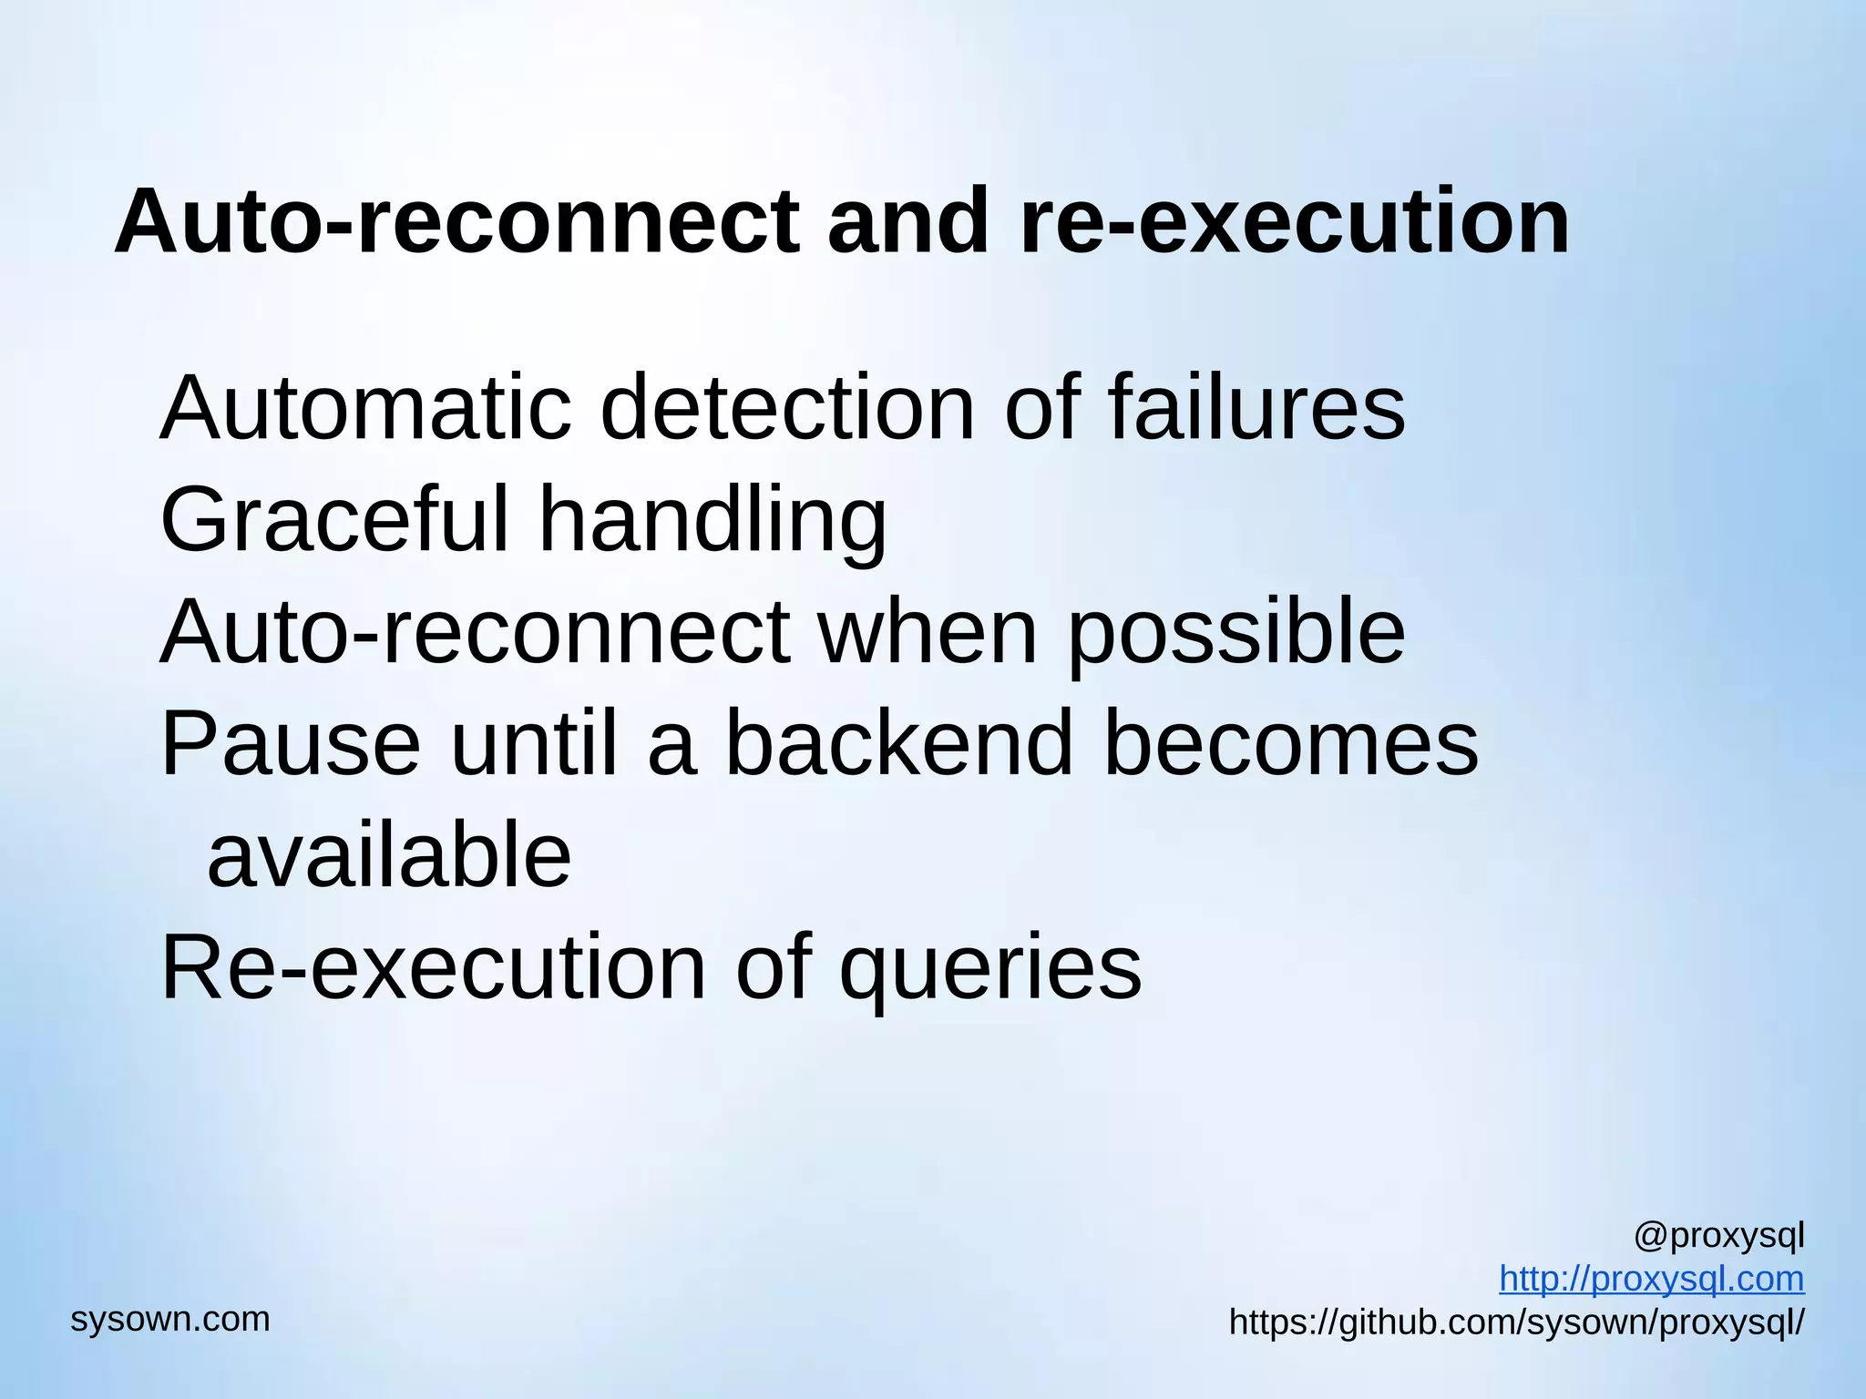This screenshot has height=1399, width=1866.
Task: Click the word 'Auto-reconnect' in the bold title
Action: pyautogui.click(x=456, y=222)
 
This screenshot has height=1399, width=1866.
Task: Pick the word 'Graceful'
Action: pyautogui.click(x=333, y=520)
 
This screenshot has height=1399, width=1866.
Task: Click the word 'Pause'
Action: pyautogui.click(x=291, y=745)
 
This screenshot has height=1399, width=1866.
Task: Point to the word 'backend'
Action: pyautogui.click(x=899, y=745)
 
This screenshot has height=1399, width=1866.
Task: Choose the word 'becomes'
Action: pyautogui.click(x=1291, y=745)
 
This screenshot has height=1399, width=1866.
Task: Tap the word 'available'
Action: pyautogui.click(x=389, y=856)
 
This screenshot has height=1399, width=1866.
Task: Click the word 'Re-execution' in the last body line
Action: pyautogui.click(x=434, y=968)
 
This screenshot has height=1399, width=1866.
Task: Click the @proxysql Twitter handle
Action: pyautogui.click(x=1718, y=1237)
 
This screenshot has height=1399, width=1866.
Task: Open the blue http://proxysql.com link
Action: pyautogui.click(x=1651, y=1279)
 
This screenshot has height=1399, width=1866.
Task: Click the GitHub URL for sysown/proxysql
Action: pyautogui.click(x=1516, y=1322)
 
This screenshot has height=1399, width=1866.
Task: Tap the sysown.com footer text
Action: pyautogui.click(x=170, y=1319)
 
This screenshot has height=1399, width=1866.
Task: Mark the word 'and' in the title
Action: pyautogui.click(x=907, y=222)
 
